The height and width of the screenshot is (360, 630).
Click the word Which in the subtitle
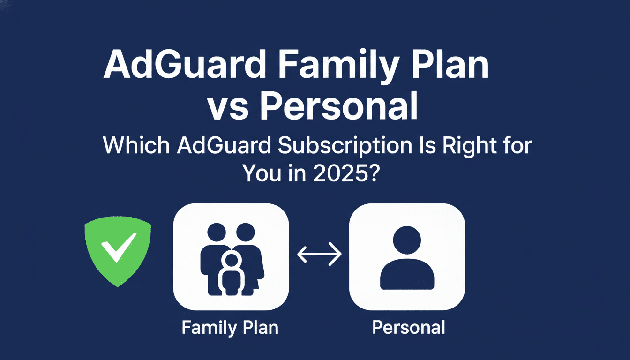click(136, 146)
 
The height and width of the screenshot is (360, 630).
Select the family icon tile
click(231, 257)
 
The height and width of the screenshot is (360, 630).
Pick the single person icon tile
click(407, 257)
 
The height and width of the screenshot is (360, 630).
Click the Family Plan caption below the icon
click(230, 327)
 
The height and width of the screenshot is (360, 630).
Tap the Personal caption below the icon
click(408, 327)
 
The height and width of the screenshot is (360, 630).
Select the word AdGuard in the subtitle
click(224, 146)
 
